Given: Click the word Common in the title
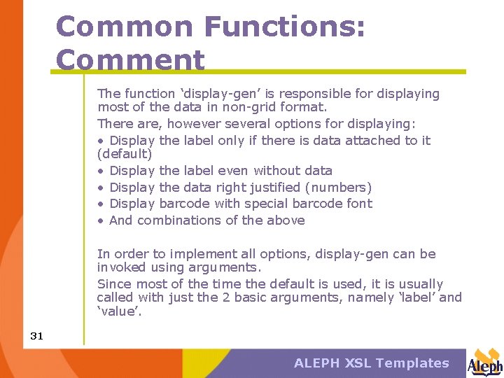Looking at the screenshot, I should (124, 27).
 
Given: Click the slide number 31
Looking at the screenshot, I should (36, 336).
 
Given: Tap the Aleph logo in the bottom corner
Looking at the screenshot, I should (485, 362).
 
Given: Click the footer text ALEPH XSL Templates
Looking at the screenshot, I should (371, 363).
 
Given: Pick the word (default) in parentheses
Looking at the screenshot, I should (125, 153).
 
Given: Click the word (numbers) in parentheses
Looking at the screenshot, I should (339, 187).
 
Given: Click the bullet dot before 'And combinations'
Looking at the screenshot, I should (101, 220).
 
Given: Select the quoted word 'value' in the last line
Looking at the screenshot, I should (120, 311).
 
